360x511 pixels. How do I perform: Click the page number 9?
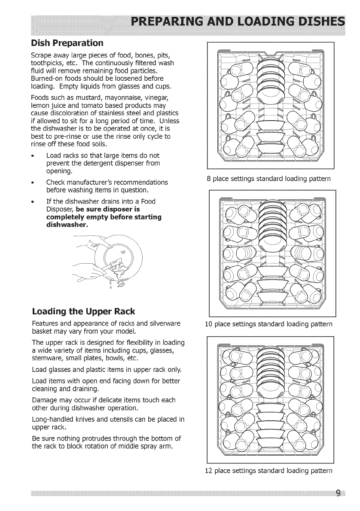click(339, 493)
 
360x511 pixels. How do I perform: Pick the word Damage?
click(46, 400)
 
